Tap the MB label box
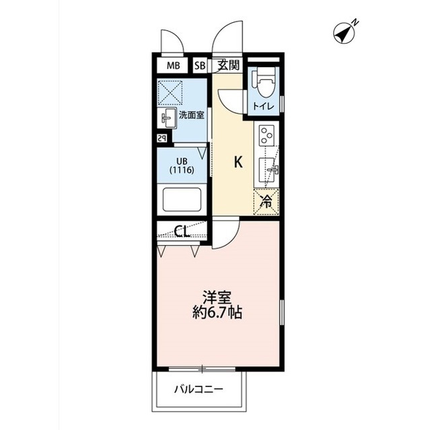(x=174, y=66)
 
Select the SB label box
(x=200, y=66)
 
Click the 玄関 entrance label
(x=228, y=65)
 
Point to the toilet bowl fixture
(x=263, y=84)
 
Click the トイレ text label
(x=263, y=106)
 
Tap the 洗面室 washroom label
(x=192, y=116)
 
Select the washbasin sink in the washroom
(x=166, y=118)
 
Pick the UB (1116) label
(x=182, y=166)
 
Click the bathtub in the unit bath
(x=183, y=201)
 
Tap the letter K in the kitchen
(x=238, y=162)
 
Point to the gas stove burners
(x=266, y=135)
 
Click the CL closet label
(x=181, y=233)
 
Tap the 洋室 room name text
(x=215, y=296)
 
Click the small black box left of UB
(x=162, y=138)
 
